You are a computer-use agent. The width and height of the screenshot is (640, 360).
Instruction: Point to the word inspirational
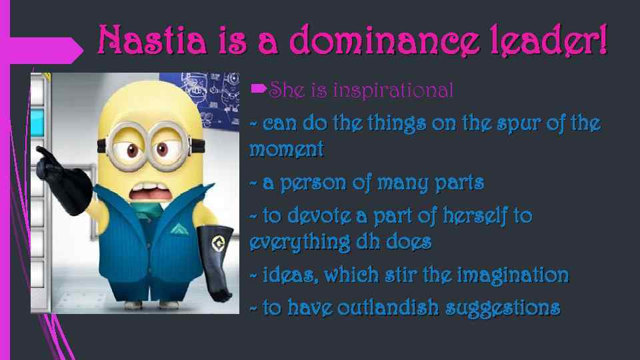393,90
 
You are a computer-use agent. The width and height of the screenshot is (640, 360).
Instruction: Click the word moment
286,150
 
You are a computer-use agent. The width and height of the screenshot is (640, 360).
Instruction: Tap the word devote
317,216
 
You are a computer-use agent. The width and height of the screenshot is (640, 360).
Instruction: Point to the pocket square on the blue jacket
176,229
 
